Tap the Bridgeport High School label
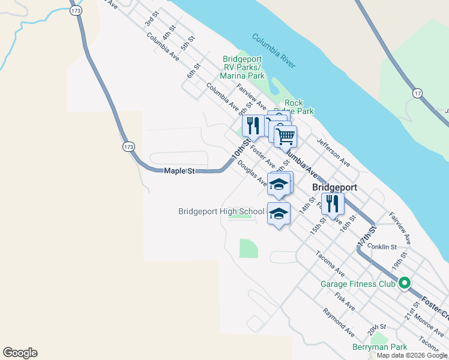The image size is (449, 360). pyautogui.click(x=221, y=211)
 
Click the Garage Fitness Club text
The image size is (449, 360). pyautogui.click(x=358, y=284)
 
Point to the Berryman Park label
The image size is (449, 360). pyautogui.click(x=379, y=347)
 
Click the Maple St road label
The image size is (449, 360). pyautogui.click(x=180, y=172)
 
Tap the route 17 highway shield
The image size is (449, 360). pyautogui.click(x=418, y=92)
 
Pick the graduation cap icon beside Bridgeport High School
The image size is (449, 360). pyautogui.click(x=279, y=214)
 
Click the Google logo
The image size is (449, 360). pyautogui.click(x=20, y=353)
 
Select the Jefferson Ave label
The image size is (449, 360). pyautogui.click(x=334, y=154)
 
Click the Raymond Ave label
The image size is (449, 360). pyautogui.click(x=338, y=322)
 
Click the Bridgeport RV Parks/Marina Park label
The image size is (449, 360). pyautogui.click(x=243, y=68)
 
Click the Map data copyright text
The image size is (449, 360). pyautogui.click(x=411, y=355)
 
